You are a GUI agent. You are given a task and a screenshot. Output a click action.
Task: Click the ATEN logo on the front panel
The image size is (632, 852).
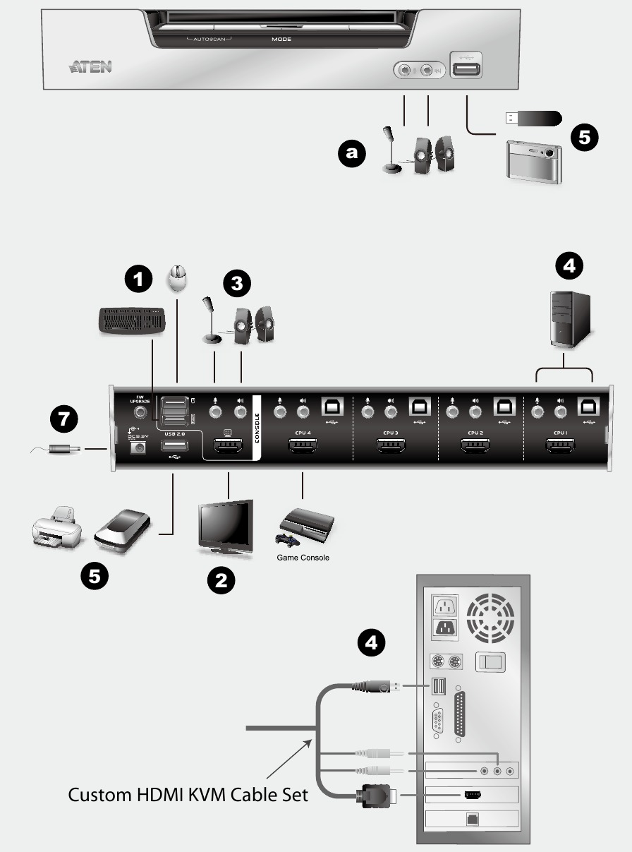pos(90,68)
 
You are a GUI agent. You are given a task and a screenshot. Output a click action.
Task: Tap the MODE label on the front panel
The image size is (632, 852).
pos(281,40)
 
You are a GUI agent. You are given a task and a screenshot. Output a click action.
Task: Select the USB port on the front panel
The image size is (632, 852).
pos(466,69)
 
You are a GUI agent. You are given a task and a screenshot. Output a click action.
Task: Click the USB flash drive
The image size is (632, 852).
pos(533,116)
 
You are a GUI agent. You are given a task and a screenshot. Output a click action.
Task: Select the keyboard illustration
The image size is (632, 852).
pos(132,321)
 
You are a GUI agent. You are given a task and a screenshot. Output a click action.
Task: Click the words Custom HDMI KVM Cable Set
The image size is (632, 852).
pos(188,794)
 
